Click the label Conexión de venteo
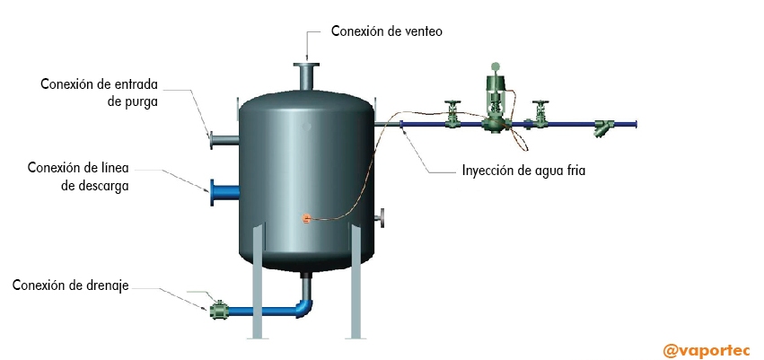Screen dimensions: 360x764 387,31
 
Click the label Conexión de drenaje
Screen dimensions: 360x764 71,285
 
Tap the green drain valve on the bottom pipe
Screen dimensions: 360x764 218,311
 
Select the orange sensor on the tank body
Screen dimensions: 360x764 305,218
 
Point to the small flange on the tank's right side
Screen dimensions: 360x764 383,217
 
